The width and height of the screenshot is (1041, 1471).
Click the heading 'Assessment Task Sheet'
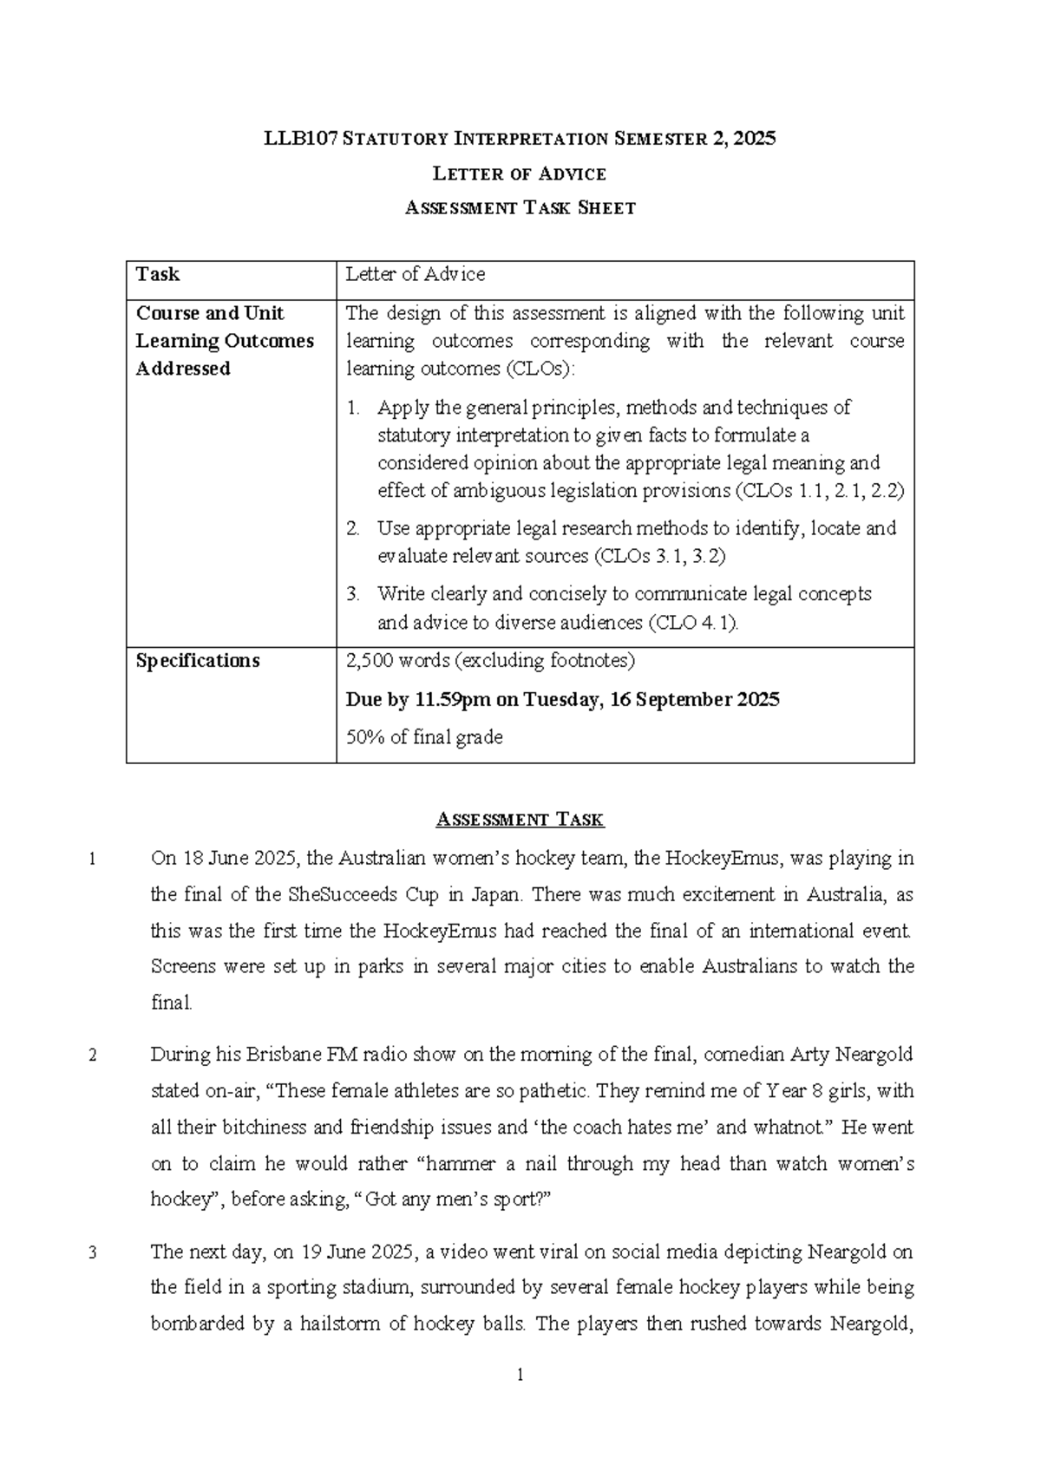pos(520,208)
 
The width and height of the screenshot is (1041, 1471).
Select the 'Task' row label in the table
pos(157,275)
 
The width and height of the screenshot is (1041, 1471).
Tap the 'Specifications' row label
pos(198,661)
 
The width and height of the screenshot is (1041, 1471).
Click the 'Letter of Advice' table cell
pos(416,275)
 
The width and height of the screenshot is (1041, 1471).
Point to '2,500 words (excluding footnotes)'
pos(490,661)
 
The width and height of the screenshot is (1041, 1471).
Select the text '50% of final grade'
pos(424,737)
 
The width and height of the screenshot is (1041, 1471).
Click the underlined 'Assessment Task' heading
pos(520,820)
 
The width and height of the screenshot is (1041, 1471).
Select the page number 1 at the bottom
pos(520,1376)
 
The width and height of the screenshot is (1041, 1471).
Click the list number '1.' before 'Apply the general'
pos(352,408)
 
